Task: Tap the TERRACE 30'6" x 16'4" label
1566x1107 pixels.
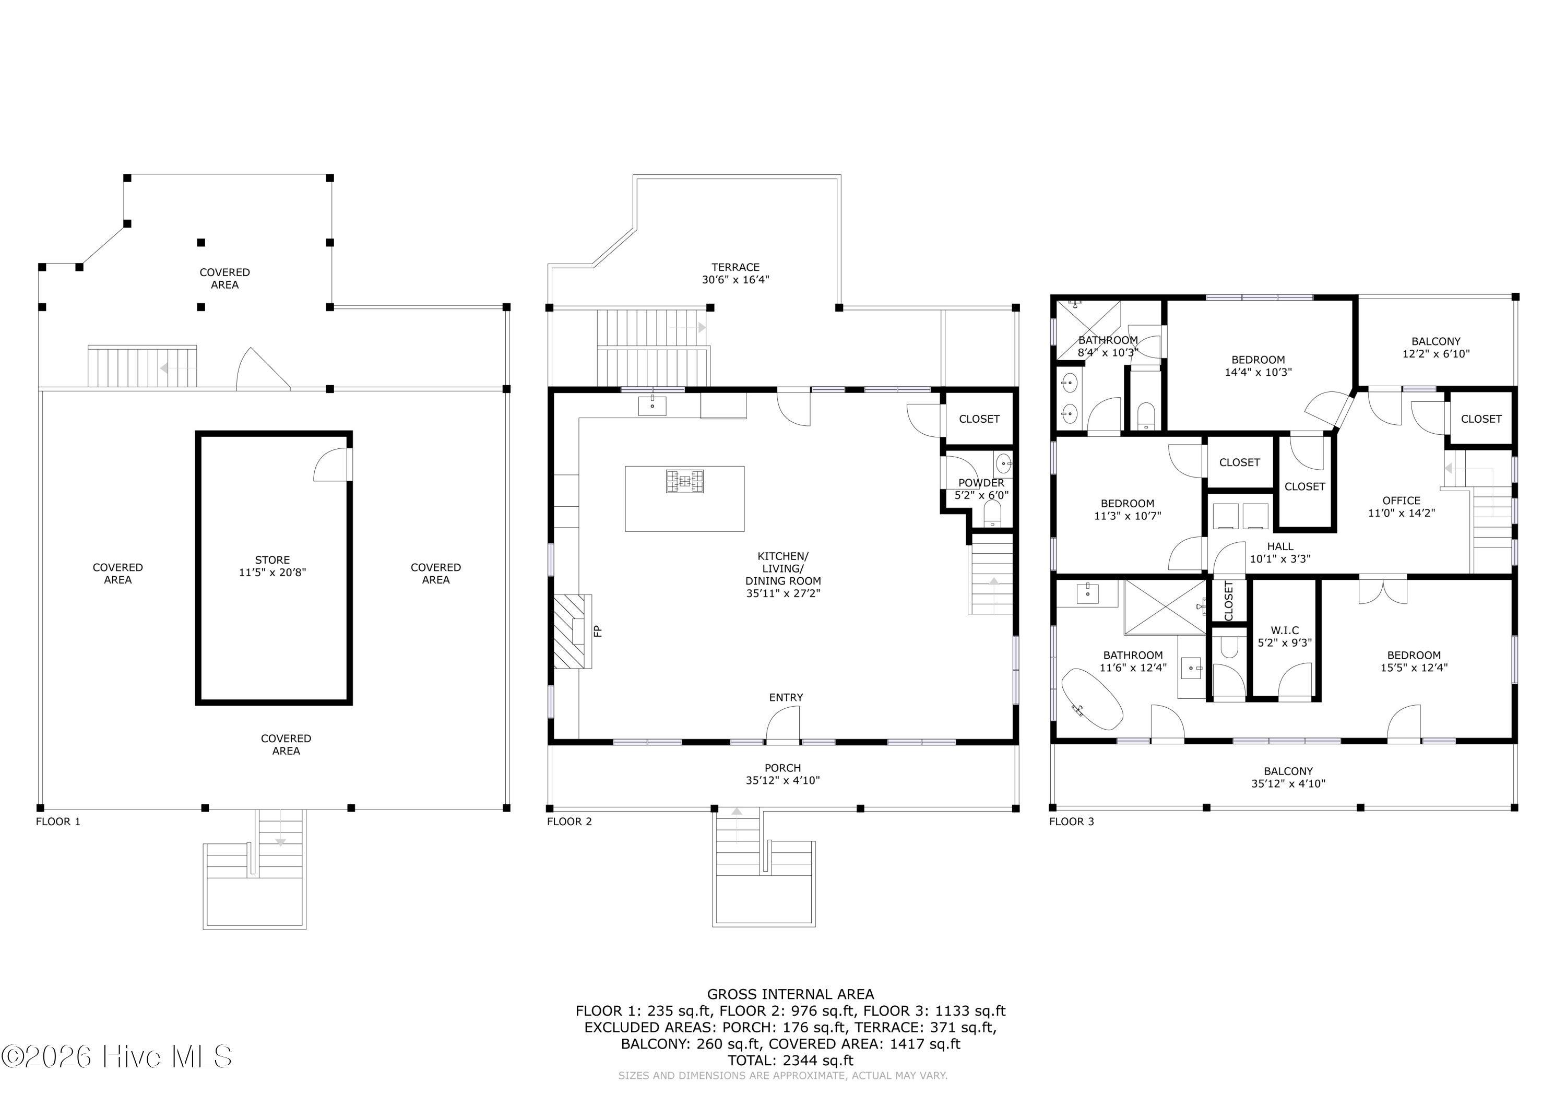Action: point(735,273)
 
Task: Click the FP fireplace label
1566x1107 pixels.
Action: point(598,631)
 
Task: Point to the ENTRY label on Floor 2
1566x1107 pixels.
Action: point(786,697)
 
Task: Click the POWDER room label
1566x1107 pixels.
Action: point(981,489)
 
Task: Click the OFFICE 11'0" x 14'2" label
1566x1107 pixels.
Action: point(1401,507)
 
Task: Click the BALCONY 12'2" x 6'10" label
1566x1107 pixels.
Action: point(1435,347)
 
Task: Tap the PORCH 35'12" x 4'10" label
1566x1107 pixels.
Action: point(782,774)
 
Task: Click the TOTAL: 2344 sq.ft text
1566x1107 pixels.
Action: point(790,1061)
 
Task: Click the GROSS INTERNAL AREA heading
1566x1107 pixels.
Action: point(790,994)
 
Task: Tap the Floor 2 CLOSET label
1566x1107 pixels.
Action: point(979,419)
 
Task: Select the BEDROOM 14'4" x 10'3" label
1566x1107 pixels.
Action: point(1257,365)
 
